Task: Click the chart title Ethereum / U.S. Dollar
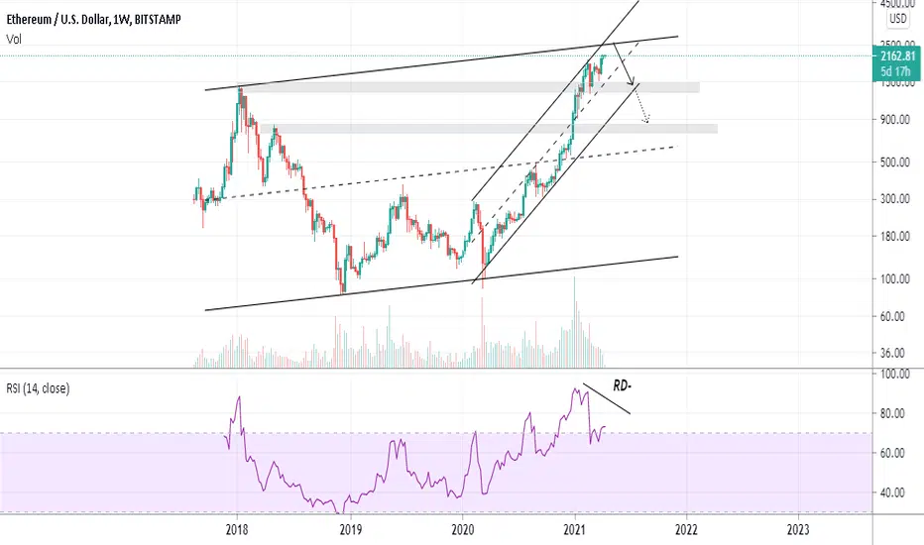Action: [x=58, y=20]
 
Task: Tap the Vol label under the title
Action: [x=14, y=39]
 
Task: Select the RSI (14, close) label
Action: [x=38, y=388]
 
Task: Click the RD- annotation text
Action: [x=623, y=385]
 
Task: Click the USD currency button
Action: [x=898, y=18]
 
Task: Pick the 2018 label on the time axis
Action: [x=237, y=530]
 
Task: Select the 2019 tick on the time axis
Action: [x=350, y=530]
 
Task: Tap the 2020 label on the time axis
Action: [x=463, y=530]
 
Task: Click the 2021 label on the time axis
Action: [x=575, y=530]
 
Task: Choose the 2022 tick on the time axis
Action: [x=686, y=530]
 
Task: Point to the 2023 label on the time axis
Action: [x=798, y=530]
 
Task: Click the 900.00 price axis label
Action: [x=895, y=120]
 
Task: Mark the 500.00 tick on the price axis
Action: [x=895, y=163]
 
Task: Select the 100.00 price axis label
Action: [x=895, y=278]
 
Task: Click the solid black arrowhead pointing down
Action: [x=632, y=80]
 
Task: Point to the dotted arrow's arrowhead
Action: [x=646, y=120]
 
